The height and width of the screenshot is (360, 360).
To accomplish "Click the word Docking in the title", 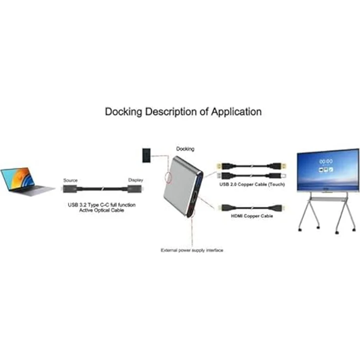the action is click(x=124, y=112).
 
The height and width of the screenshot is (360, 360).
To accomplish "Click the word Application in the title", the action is click(x=236, y=112).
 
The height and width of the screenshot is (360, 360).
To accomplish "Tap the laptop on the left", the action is click(x=27, y=182).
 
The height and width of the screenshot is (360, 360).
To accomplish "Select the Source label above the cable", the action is click(x=70, y=180).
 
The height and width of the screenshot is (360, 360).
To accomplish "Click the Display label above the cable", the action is click(x=135, y=180).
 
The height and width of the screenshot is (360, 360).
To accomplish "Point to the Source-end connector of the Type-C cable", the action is click(x=70, y=189).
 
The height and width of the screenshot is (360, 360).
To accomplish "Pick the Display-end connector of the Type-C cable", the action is click(x=135, y=189).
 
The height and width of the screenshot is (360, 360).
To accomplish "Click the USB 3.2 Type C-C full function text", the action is click(x=102, y=205).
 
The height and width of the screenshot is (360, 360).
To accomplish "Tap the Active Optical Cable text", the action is click(x=101, y=210).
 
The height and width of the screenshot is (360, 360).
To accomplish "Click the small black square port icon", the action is click(x=146, y=156).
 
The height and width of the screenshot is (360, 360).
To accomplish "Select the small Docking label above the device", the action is click(x=185, y=149).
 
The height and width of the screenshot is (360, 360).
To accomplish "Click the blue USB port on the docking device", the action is click(x=200, y=180).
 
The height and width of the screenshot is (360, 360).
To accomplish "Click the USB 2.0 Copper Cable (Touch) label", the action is click(x=252, y=184).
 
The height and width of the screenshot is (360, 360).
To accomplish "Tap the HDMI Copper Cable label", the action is click(x=252, y=216).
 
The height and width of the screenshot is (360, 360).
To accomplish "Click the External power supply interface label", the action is click(x=192, y=250).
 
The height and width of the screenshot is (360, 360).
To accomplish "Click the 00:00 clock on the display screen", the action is click(x=326, y=161).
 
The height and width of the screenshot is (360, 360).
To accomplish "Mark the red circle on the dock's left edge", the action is click(x=169, y=177).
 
